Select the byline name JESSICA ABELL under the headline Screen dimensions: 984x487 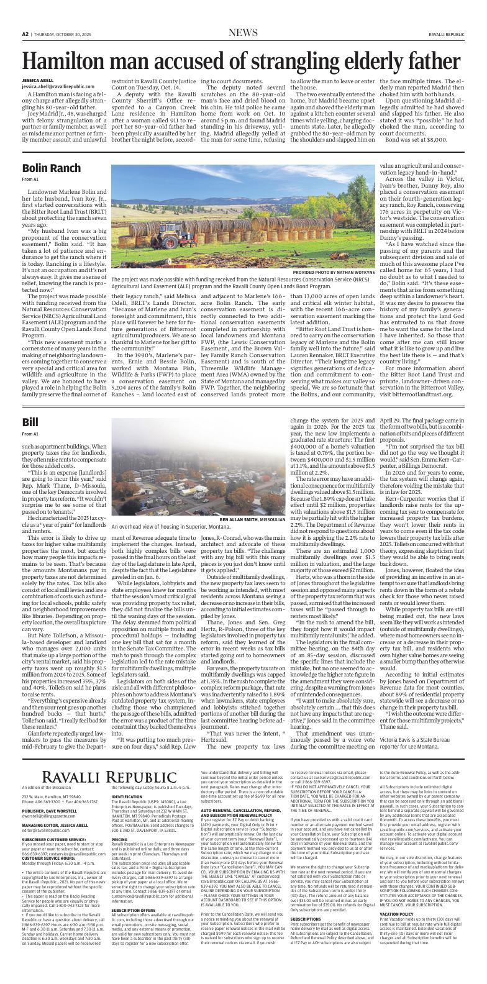click(38, 81)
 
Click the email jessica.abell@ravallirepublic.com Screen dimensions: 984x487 click(58, 86)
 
